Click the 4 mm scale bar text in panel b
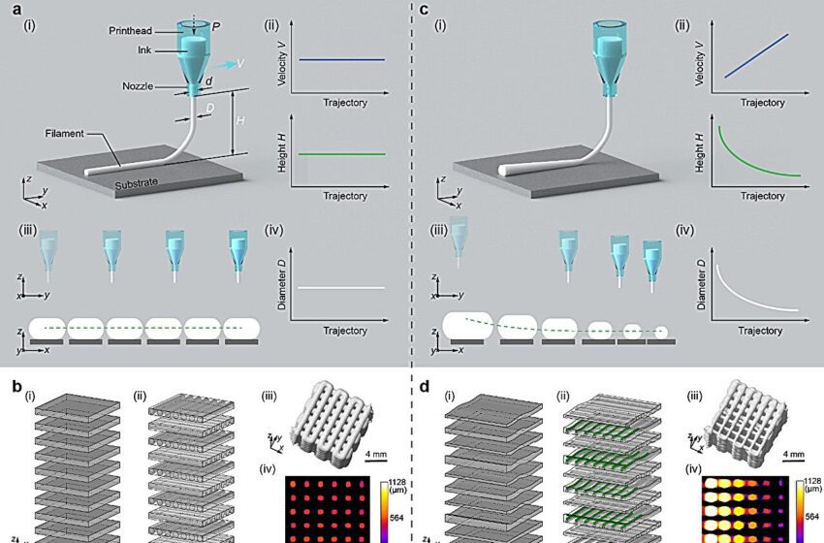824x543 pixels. tap(380, 453)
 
